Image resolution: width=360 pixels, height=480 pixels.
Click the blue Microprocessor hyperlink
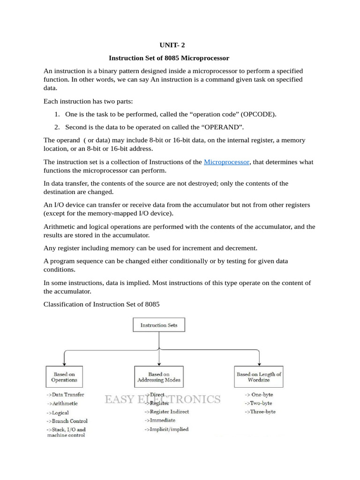coord(226,162)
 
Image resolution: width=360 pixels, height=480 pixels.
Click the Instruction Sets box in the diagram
coord(159,325)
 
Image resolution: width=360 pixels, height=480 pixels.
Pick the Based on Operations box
coord(64,377)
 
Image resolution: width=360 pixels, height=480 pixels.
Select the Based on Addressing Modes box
coord(159,377)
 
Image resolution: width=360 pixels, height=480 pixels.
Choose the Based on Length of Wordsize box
coord(259,377)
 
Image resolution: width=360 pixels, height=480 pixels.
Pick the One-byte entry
coord(258,395)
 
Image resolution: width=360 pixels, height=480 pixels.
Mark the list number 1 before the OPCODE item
coord(56,114)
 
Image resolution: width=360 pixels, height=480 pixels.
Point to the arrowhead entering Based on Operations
coord(64,363)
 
